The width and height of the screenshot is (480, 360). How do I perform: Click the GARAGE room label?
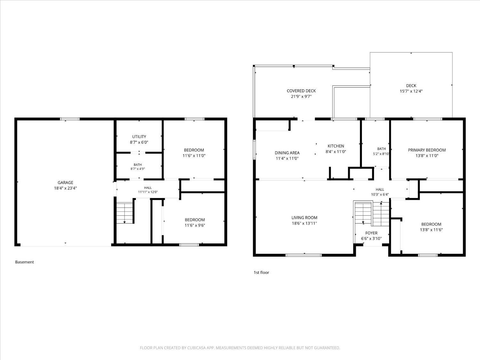point(65,182)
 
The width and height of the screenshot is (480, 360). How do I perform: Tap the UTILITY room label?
point(139,137)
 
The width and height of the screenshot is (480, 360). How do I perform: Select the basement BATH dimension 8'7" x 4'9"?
point(138,169)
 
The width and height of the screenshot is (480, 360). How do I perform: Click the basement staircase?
point(125,213)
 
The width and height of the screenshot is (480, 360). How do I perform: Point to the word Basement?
point(25,262)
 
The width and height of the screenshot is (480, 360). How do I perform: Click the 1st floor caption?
point(261,272)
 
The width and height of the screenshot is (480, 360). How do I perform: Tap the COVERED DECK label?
point(301,91)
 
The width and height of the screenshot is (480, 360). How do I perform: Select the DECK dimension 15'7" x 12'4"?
point(411,91)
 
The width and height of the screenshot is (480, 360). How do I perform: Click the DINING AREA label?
point(287,153)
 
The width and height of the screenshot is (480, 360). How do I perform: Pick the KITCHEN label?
point(336,146)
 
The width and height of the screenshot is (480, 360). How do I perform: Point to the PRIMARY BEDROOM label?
point(427,150)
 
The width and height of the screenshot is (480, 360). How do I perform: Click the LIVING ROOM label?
point(304,218)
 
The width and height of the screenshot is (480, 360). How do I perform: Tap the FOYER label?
point(371,233)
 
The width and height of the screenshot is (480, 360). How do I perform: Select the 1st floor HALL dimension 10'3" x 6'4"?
point(380,194)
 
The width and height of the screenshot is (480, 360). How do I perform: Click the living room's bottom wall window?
point(304,255)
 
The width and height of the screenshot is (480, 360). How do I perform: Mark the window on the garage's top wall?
point(70,119)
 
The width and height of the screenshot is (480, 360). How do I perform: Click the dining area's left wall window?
point(254,149)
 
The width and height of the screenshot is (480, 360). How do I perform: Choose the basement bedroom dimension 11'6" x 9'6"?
point(195,225)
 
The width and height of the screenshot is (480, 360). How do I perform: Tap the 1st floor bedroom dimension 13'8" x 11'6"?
point(431,230)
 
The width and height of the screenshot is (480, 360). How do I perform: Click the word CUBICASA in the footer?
point(196,348)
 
